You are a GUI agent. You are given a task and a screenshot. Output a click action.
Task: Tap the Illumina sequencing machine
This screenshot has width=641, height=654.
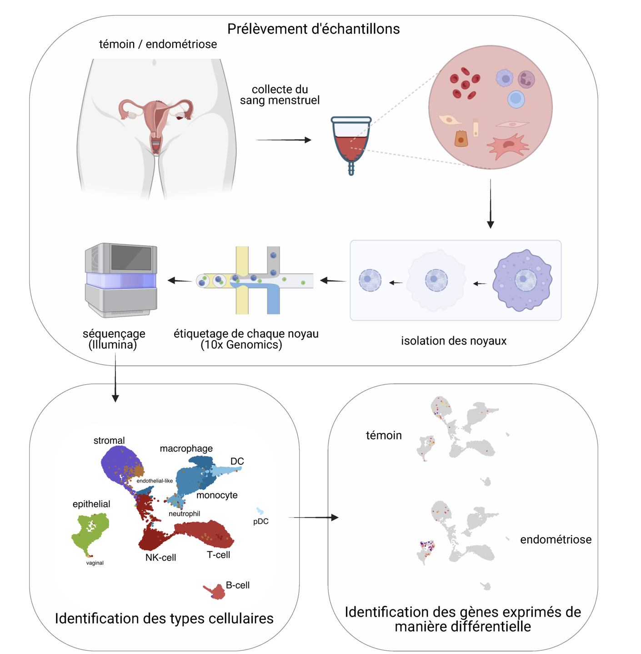121,280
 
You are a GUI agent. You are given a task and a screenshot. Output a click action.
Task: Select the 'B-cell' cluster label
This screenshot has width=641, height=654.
237,585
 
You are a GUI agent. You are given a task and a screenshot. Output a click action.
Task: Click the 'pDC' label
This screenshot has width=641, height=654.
260,521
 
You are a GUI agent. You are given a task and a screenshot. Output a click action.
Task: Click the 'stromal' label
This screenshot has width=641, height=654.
109,440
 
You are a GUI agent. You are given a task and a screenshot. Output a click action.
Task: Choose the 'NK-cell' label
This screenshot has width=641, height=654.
160,557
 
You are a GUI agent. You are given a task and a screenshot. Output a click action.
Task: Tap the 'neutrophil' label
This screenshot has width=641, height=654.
184,513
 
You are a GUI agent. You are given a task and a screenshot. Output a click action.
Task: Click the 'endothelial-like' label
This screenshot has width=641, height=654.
155,481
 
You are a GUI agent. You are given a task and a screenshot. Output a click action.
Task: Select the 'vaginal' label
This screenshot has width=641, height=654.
95,563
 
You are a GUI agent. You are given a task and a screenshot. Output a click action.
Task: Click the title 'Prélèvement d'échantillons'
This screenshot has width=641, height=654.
313,29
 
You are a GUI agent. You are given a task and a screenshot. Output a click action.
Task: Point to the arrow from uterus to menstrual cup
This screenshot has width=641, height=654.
283,140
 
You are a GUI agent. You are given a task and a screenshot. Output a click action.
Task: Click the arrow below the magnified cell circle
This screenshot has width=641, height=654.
490,204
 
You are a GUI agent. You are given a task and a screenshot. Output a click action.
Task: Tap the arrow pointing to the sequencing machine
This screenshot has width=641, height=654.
180,280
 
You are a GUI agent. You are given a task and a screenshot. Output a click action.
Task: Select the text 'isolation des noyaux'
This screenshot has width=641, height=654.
453,340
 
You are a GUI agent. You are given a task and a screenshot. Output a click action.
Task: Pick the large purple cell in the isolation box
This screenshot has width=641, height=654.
522,280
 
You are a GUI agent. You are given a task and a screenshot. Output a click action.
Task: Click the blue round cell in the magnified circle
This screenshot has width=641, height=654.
516,99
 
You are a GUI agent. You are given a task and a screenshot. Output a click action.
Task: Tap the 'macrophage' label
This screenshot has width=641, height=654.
186,448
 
